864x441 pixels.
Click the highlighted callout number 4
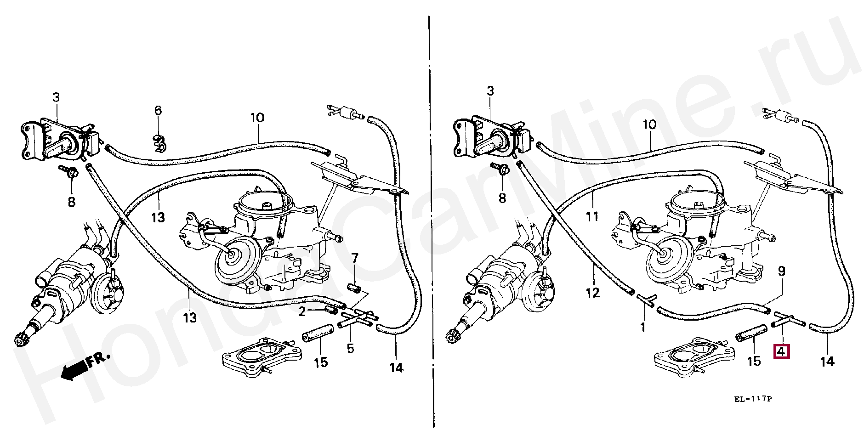781,352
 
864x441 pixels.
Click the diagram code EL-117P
752,399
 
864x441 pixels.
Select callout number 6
158,110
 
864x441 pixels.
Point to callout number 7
355,258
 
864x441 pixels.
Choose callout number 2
302,312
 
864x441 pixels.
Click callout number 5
351,348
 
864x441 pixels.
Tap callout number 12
593,293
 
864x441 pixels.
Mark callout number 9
781,271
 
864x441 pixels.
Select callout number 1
643,327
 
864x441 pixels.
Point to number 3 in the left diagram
56,97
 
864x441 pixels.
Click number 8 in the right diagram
502,198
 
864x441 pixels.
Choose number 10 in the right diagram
649,124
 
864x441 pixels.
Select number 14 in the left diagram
396,367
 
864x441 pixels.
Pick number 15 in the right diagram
754,361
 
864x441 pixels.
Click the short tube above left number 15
318,333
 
